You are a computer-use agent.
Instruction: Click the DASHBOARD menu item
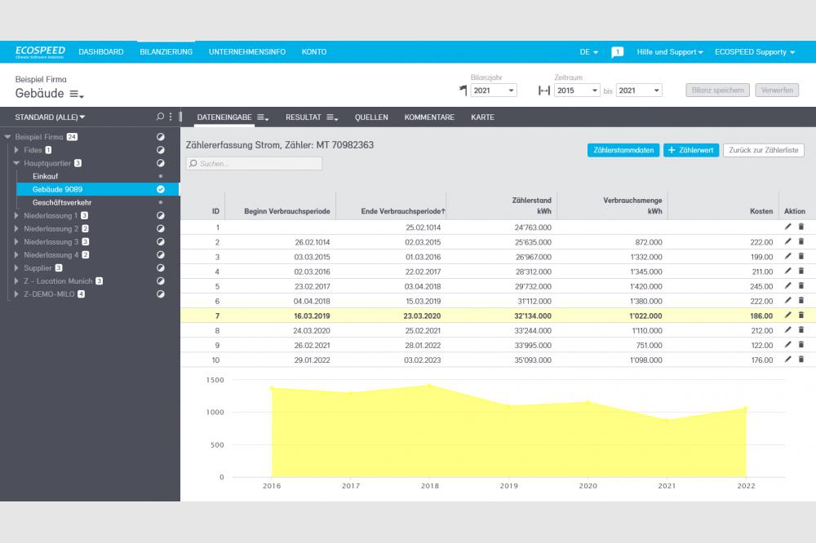point(101,52)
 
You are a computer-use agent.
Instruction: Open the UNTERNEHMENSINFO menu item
point(247,52)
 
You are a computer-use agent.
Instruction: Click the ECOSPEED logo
point(39,52)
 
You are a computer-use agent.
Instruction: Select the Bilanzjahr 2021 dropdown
point(494,90)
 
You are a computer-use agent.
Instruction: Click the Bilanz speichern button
point(717,90)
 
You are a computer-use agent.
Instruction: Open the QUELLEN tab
point(371,117)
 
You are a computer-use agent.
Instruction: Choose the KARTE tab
point(482,117)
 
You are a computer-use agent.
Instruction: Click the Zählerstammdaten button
point(623,150)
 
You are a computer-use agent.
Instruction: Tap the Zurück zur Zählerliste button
point(764,150)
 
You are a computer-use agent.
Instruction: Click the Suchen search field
point(255,164)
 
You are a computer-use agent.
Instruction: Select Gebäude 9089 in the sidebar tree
point(57,189)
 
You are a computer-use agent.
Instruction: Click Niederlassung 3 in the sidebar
point(51,242)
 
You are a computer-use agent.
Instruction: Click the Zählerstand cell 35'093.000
point(531,360)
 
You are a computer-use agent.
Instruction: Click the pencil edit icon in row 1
point(787,227)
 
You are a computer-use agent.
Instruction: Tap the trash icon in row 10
point(800,360)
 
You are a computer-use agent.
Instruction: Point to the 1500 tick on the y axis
point(192,380)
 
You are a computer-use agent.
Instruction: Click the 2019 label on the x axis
point(508,486)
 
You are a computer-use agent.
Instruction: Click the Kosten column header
point(761,212)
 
